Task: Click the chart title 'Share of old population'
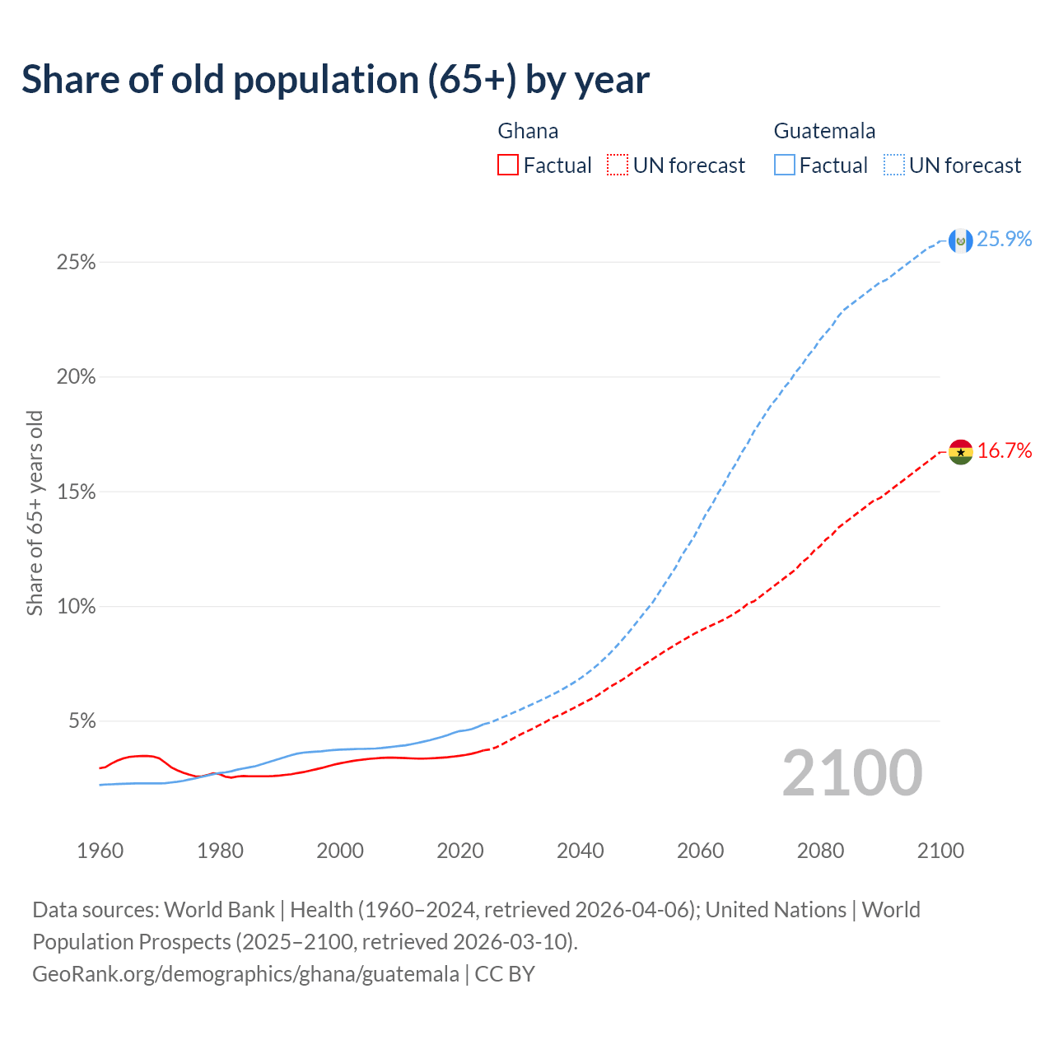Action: click(x=335, y=80)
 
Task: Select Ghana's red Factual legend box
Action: click(x=508, y=166)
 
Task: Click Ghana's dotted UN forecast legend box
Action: click(x=618, y=166)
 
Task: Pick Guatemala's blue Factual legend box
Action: click(x=784, y=166)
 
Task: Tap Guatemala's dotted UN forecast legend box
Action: click(x=894, y=166)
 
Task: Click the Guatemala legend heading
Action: click(x=824, y=131)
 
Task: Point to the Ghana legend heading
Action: click(x=528, y=131)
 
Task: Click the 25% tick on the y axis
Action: click(x=77, y=263)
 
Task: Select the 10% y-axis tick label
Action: click(x=77, y=607)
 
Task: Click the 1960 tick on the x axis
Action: click(x=100, y=851)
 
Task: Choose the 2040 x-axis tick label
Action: click(x=580, y=851)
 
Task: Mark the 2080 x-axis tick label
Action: click(x=820, y=851)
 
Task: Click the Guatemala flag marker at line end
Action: click(x=960, y=240)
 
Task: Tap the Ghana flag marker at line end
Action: click(x=960, y=452)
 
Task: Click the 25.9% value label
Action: click(x=1005, y=240)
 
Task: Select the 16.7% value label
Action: click(x=1005, y=451)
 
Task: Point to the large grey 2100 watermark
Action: click(x=852, y=773)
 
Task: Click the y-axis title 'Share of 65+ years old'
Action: click(x=35, y=513)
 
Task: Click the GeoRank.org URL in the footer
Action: click(x=245, y=974)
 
